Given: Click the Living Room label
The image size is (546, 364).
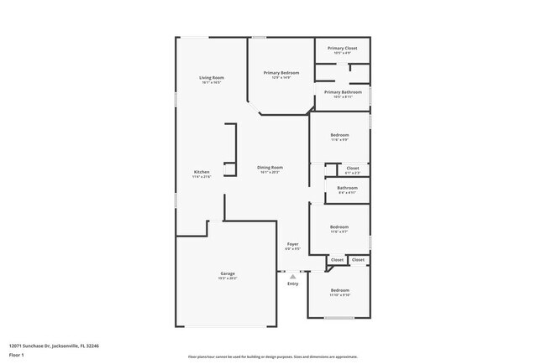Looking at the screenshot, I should coord(211,77).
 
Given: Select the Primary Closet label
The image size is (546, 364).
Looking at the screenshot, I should coord(342,48).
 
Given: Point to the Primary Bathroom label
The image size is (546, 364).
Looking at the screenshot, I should coord(343,91).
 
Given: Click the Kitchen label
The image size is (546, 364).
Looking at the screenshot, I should coord(202,172).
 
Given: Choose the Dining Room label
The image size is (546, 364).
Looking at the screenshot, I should coord(270,167).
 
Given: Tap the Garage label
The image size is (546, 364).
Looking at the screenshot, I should coord(227,273).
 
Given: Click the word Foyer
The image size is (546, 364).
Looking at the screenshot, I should coord(292,244).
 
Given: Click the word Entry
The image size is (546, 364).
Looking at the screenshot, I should coord(292,283).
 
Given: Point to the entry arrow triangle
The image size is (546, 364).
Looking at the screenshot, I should coord(292,275).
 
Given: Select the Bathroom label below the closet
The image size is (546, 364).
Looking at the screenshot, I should coord(347,188).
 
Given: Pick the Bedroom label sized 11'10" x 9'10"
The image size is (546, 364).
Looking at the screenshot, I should coord(339,290).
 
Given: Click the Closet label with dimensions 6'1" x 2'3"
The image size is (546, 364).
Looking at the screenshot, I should coord(353,168).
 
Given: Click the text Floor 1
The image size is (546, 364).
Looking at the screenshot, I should coord(17,355).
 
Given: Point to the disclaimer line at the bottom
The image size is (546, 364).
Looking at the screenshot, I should coord(272,356).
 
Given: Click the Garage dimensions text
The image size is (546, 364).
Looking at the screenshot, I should coord(227,278).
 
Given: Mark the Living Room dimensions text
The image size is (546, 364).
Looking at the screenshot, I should coord(211,82).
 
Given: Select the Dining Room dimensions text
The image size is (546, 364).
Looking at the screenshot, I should coord(270,172).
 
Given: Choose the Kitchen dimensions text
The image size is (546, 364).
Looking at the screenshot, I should coord(202,177).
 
